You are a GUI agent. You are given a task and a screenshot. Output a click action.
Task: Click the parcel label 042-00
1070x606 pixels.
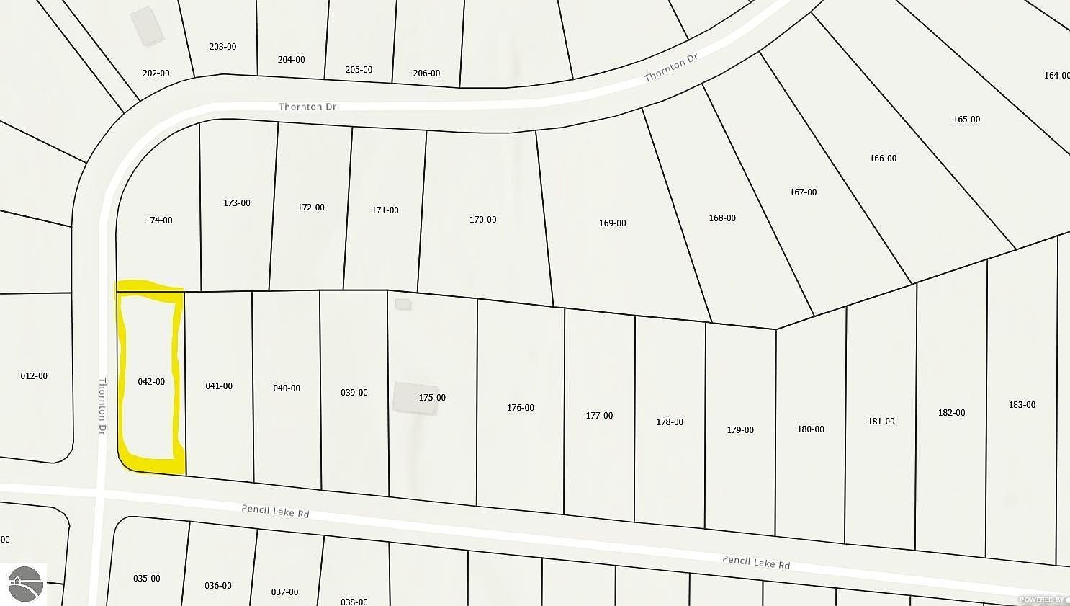point(151,382)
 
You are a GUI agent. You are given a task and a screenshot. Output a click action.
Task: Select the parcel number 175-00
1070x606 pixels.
point(432,398)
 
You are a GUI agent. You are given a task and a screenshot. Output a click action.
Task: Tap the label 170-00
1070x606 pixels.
point(482,220)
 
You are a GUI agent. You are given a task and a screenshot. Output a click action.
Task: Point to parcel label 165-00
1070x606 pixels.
point(966,120)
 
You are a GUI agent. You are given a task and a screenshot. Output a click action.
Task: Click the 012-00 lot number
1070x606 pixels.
point(34,376)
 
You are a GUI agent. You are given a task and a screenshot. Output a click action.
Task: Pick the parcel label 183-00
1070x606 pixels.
point(1022,405)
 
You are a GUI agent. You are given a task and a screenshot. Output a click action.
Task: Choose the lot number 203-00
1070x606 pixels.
point(222,47)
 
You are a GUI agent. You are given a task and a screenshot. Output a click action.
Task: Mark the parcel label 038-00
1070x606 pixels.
point(354,602)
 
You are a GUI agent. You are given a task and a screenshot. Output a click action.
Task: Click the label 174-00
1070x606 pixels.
point(158,220)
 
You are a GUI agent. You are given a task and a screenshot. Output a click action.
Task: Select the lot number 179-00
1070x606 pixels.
point(740,430)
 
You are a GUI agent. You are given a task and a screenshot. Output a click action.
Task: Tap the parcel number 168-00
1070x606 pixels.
point(722,218)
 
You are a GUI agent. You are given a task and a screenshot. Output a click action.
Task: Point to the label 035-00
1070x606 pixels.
point(147,579)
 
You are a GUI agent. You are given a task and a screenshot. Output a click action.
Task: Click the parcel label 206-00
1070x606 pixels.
point(426,73)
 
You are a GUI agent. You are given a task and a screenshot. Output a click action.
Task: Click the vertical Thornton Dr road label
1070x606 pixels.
point(102,406)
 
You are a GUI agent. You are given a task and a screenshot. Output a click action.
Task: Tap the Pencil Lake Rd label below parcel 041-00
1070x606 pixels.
point(275,511)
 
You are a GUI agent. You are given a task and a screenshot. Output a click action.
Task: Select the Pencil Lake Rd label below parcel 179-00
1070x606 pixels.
point(756,562)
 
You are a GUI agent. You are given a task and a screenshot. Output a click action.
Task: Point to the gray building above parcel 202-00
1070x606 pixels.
point(148,27)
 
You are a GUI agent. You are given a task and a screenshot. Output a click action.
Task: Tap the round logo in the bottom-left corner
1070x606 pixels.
point(24,583)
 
